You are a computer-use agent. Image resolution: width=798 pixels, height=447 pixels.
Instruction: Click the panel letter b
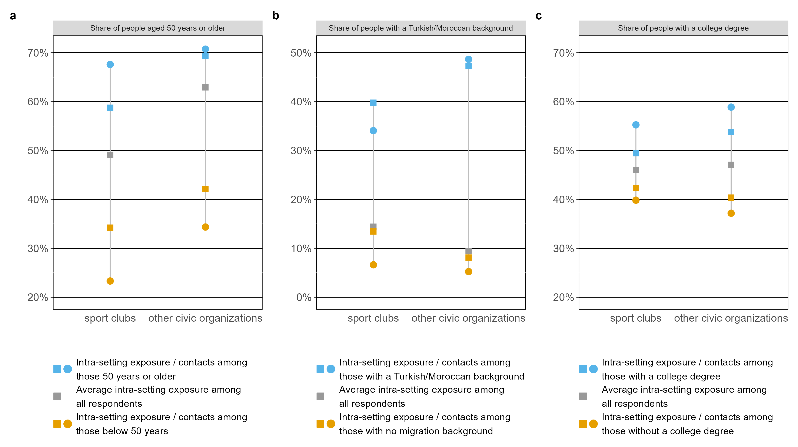tap(275, 16)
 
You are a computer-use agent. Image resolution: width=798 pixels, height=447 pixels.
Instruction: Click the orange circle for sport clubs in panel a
tap(110, 281)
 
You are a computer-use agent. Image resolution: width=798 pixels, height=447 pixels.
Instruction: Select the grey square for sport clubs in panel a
tap(110, 155)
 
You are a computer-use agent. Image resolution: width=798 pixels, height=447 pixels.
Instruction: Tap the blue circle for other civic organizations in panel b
tap(468, 59)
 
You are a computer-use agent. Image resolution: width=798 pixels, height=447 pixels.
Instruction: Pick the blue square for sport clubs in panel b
tap(373, 103)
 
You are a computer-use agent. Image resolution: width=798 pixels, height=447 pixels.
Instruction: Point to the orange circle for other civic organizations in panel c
tap(731, 213)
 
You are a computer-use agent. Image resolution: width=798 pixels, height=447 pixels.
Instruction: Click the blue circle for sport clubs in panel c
tap(636, 125)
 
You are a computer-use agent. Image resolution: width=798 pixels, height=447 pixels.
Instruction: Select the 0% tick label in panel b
tap(304, 297)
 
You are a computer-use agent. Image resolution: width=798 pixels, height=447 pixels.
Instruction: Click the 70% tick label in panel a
tap(38, 53)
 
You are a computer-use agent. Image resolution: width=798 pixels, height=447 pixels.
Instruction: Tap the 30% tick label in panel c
tap(563, 248)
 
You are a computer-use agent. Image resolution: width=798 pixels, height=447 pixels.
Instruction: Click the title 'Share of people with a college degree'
tap(683, 28)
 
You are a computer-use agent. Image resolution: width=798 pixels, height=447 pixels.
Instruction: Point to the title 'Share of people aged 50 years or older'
tap(157, 28)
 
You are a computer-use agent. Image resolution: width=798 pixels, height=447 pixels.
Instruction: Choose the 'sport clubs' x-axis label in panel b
tap(373, 318)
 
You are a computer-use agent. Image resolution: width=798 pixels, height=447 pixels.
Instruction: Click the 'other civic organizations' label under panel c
tap(731, 318)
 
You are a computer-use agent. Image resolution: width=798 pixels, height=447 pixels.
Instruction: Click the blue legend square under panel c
tap(583, 369)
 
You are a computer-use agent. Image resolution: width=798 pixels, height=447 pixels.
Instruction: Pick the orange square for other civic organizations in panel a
tap(205, 189)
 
